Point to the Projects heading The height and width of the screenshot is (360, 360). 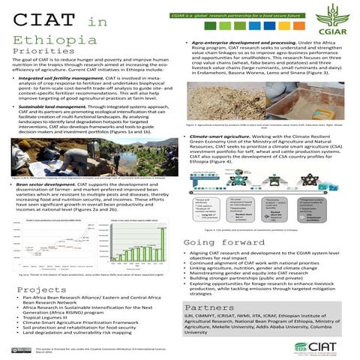37,289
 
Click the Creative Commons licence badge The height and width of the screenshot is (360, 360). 20,349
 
